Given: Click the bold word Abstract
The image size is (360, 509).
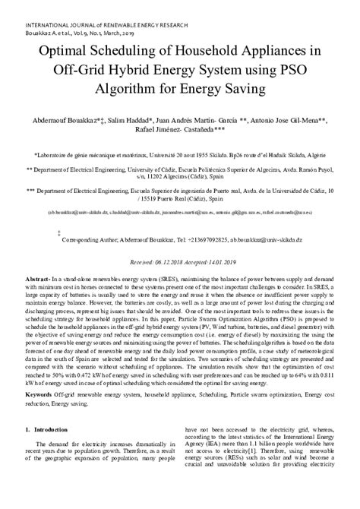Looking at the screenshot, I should pyautogui.click(x=36, y=280).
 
